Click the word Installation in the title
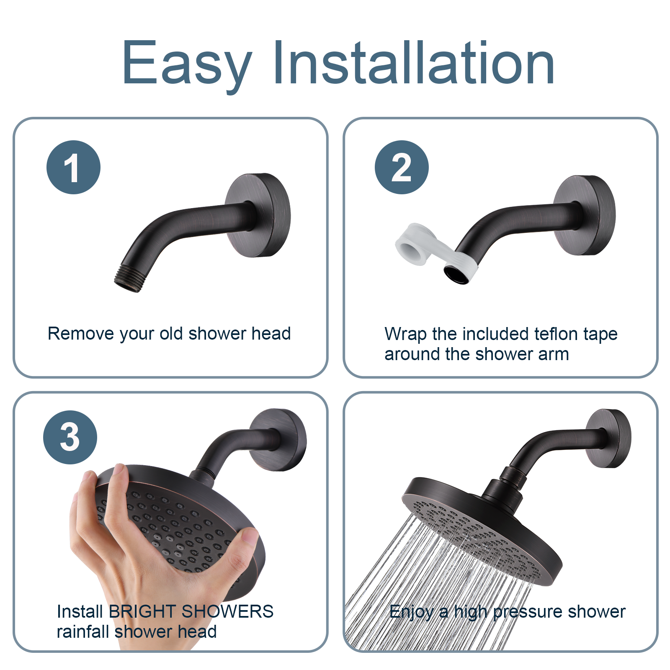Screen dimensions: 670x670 (x=414, y=63)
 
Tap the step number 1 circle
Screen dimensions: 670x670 (x=73, y=167)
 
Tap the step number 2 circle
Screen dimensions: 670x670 (x=402, y=167)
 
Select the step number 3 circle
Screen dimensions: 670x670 (x=70, y=437)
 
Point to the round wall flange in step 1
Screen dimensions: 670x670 (x=258, y=215)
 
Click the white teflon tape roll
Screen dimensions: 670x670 (x=412, y=245)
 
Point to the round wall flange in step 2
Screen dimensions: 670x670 (x=585, y=215)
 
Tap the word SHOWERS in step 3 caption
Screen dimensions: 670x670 (x=227, y=612)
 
